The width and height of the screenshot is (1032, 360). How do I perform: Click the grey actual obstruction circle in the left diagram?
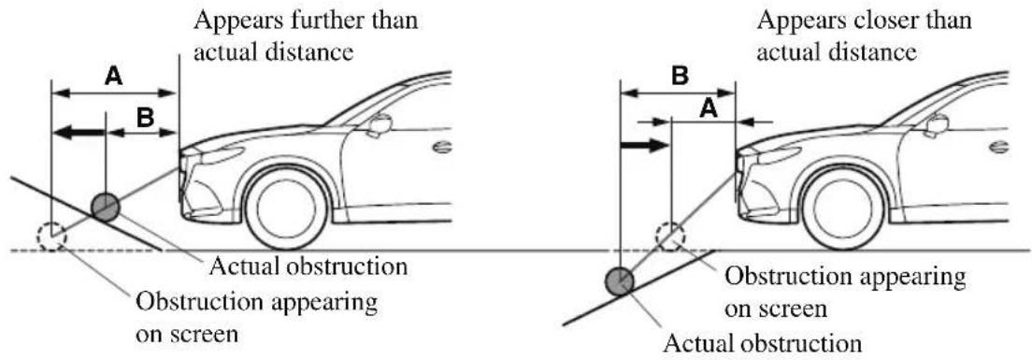(x=106, y=208)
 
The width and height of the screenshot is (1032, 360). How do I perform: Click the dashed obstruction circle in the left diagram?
(x=51, y=238)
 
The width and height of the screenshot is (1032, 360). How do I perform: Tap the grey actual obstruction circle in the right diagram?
(x=620, y=281)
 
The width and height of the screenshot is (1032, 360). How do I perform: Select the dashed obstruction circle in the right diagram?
(x=670, y=237)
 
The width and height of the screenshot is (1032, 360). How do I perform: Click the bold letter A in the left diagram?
(x=113, y=77)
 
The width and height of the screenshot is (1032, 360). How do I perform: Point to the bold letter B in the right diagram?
(x=680, y=77)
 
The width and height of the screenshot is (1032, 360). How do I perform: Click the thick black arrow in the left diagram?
(x=79, y=132)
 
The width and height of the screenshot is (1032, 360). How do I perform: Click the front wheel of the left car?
(x=286, y=208)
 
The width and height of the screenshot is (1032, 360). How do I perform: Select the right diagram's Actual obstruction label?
(x=762, y=343)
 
